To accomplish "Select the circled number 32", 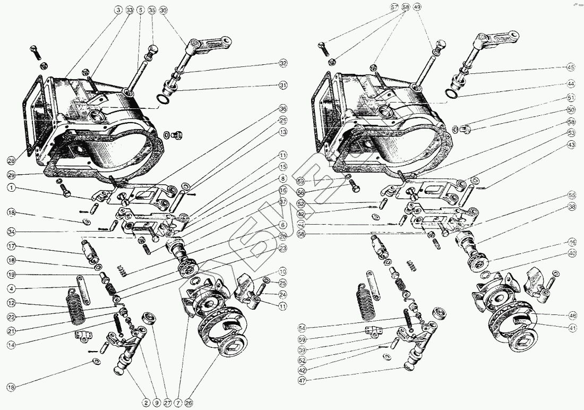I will [284, 63].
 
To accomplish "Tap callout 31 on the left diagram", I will [284, 86].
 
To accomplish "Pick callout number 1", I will [11, 187].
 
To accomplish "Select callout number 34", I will [11, 231].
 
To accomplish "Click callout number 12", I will [11, 303].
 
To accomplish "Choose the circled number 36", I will [284, 108].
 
